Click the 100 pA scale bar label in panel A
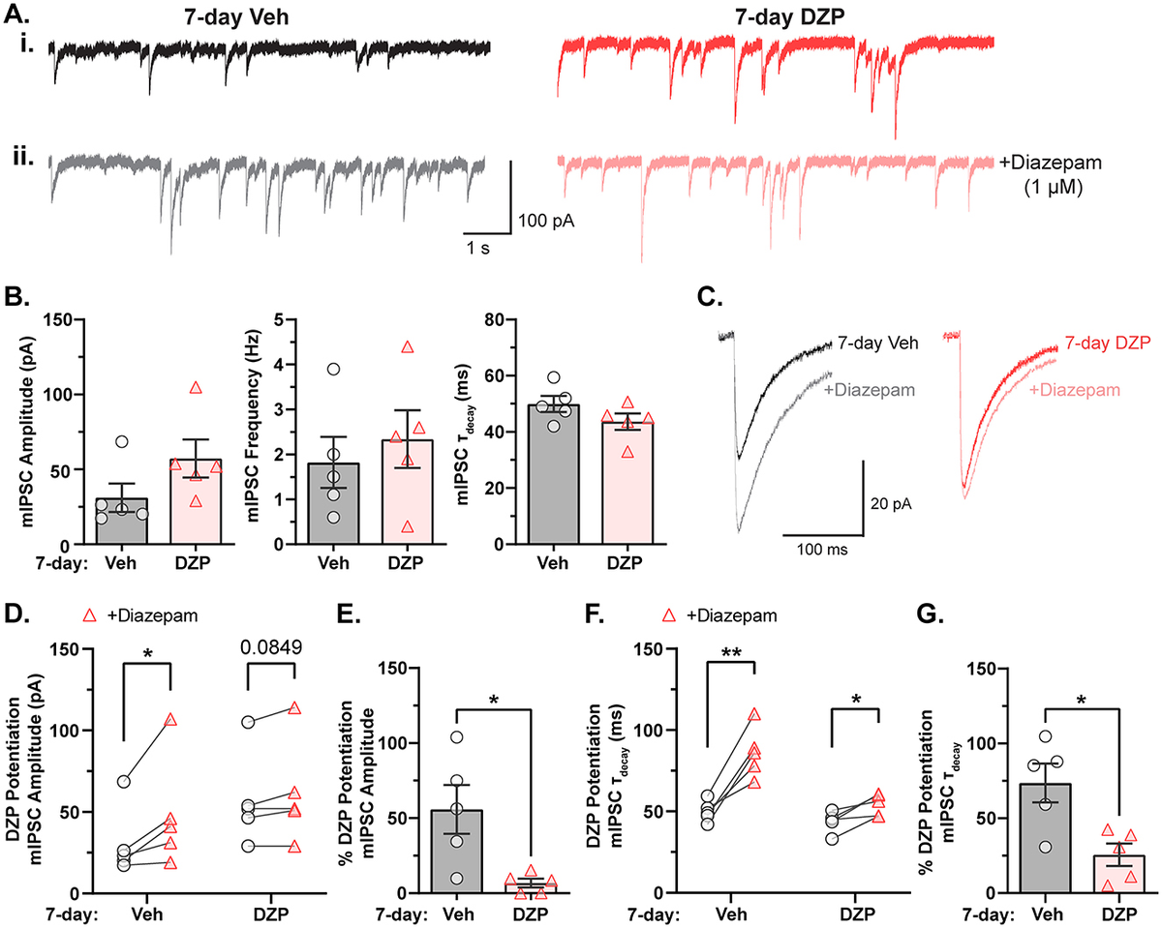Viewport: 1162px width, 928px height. [546, 221]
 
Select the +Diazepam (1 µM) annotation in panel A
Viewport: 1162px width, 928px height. [1058, 176]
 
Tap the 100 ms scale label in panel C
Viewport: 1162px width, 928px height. [822, 550]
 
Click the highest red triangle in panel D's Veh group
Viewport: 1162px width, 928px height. [170, 720]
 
